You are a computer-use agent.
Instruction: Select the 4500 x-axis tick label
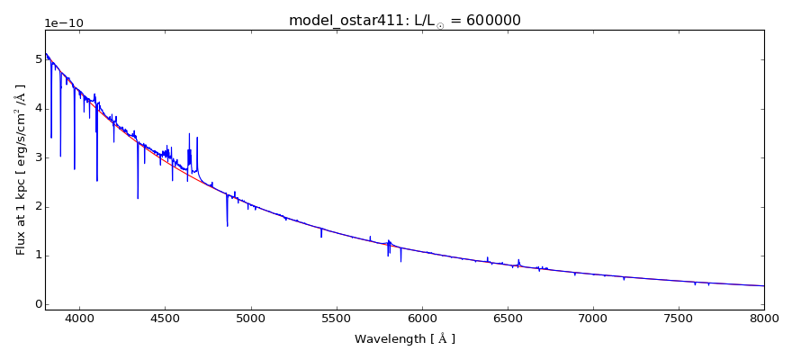point(165,318)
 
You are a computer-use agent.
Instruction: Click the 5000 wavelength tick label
point(250,318)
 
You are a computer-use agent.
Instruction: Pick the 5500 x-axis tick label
point(336,318)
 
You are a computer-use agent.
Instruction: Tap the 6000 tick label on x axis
point(421,318)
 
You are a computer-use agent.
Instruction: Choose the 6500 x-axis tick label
point(508,318)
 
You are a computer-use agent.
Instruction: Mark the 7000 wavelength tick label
point(593,318)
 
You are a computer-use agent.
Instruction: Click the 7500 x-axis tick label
point(679,318)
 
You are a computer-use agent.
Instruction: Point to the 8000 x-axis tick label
point(764,318)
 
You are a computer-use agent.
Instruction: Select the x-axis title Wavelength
point(404,339)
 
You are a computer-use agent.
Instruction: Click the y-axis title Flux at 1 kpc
point(21,169)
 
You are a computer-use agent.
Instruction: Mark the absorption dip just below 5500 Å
point(321,236)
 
